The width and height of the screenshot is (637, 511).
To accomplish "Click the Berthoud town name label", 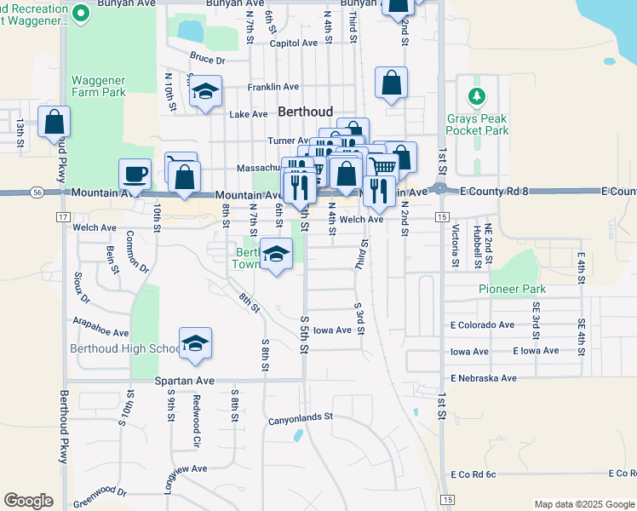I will click(x=304, y=112).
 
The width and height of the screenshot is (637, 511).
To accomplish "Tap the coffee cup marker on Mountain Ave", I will click(x=135, y=175).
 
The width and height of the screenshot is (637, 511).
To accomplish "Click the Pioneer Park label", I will click(x=511, y=289).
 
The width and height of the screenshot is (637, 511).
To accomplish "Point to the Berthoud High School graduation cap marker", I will click(x=195, y=342).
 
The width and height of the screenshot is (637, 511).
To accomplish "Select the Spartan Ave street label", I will click(x=184, y=381).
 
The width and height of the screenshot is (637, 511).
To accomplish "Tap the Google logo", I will click(x=28, y=500).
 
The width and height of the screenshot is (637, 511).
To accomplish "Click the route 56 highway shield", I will click(x=37, y=193).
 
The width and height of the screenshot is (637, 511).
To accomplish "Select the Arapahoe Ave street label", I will click(x=100, y=331).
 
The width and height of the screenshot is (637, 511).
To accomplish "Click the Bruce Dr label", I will click(x=207, y=60).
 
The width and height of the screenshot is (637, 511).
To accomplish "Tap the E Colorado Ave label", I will click(x=483, y=324).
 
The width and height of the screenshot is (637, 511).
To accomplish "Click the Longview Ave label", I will click(x=187, y=468).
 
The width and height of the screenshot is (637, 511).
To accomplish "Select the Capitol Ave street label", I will click(x=293, y=43).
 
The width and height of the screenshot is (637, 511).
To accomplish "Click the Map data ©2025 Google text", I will click(x=583, y=504).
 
